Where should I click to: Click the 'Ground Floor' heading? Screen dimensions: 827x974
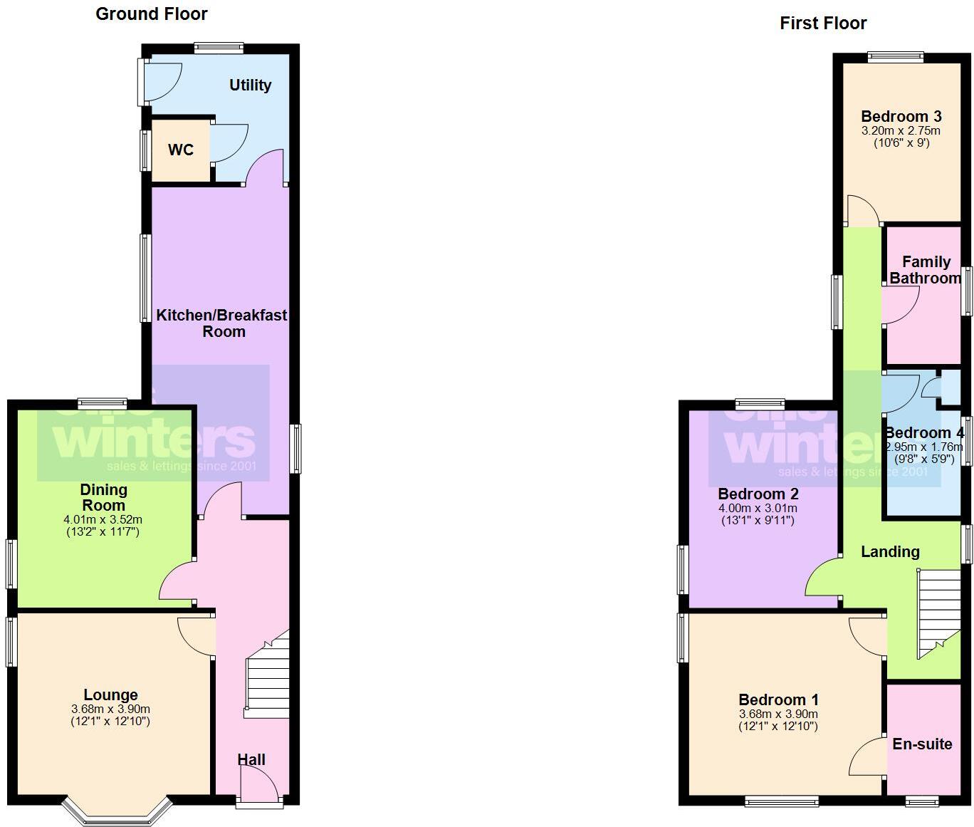coord(151,14)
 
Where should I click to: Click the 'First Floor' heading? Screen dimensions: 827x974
coord(823,24)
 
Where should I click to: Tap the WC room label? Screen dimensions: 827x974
coord(181,150)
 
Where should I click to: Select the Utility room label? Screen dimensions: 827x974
coord(250,85)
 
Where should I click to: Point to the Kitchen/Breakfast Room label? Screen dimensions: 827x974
coord(221,323)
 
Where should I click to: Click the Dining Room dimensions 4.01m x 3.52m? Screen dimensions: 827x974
coord(103,520)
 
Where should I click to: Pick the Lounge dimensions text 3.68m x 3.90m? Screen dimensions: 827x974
coord(110,709)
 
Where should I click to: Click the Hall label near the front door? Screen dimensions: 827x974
coord(251,759)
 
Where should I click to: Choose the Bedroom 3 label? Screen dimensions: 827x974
coord(901,117)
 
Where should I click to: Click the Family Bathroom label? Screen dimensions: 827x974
coord(925,270)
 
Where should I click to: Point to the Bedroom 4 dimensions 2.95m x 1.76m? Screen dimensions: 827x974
coord(924,447)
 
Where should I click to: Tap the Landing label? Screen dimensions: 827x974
coord(890,551)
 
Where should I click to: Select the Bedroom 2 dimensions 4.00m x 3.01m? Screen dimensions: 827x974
coord(758,509)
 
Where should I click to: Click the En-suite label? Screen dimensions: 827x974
coord(922,744)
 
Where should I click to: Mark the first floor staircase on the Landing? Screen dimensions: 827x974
coord(938,613)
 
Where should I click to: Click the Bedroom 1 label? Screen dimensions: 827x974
coord(778,699)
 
